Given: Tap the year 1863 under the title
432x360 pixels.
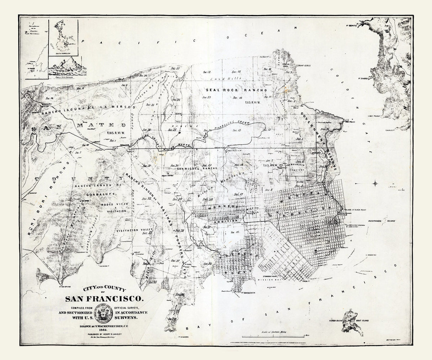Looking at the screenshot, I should click(105, 331).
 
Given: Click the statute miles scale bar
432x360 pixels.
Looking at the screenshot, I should click(273, 336).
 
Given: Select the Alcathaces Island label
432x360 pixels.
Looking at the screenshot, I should click(381, 221).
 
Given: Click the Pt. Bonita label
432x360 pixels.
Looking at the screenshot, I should click(352, 26).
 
